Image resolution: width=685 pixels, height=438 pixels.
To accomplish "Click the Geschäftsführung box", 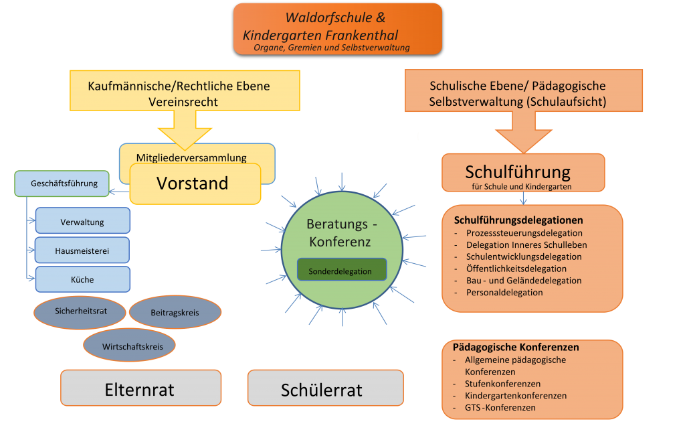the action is tap(62, 184).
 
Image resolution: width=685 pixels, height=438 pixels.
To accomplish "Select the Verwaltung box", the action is tap(82, 220).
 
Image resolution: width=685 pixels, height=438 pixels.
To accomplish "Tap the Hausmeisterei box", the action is tap(82, 250).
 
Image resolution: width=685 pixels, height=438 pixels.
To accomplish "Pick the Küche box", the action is tap(82, 279).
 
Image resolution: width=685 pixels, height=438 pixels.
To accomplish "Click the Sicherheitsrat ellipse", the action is tap(80, 312).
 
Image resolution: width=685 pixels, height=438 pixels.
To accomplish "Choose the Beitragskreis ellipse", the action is tap(175, 312).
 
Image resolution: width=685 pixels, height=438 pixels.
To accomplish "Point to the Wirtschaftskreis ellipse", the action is tap(129, 345).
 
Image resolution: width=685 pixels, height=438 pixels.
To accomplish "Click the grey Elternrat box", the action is tap(141, 388).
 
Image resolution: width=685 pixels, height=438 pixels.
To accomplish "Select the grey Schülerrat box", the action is tap(326, 388).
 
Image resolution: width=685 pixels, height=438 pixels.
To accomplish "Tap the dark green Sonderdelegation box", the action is tap(342, 269).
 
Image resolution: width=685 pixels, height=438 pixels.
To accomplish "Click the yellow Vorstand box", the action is tap(195, 184).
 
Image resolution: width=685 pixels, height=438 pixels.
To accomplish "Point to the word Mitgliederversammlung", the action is tap(191, 157).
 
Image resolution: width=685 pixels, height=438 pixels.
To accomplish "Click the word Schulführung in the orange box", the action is tap(518, 172).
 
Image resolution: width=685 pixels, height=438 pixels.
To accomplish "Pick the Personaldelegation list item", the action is tap(504, 292).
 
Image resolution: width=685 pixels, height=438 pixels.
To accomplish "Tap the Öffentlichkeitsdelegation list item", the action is tap(516, 269).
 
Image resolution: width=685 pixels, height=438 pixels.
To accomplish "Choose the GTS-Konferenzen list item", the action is tap(500, 407).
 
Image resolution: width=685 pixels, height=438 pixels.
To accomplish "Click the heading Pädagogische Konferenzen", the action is tap(516, 348).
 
